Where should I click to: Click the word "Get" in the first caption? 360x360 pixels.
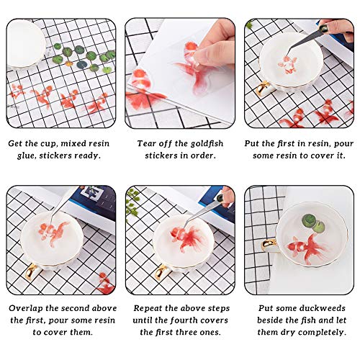point(16,143)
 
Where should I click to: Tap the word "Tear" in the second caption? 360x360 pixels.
point(148,143)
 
